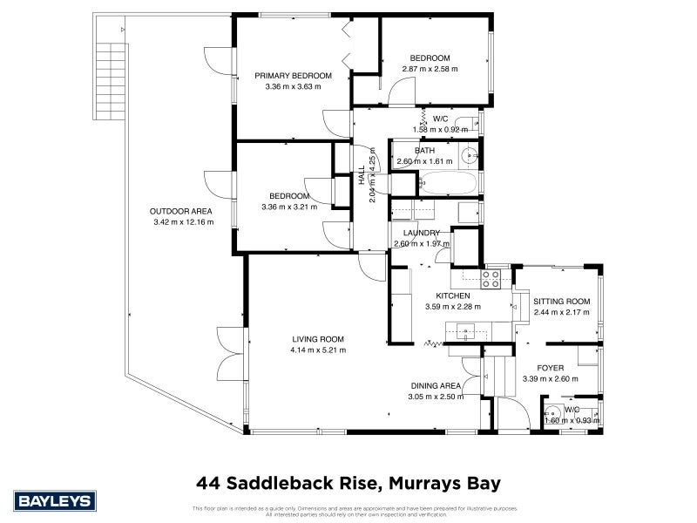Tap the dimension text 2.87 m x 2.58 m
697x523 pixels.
430,69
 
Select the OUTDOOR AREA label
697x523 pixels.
180,211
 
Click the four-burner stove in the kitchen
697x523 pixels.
491,279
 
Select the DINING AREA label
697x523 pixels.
435,385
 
